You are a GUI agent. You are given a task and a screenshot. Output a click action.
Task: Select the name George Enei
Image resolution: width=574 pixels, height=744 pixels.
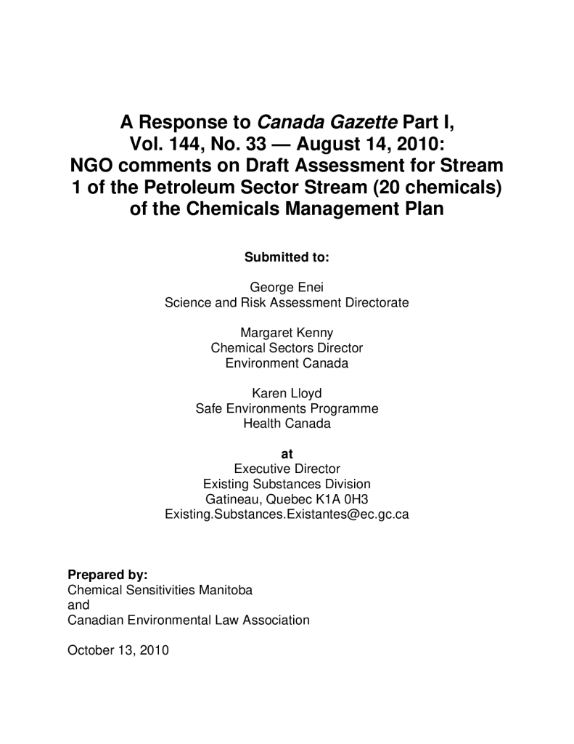[x=287, y=287]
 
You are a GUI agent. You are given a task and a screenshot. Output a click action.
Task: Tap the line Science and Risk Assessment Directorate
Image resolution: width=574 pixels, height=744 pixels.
[x=287, y=302]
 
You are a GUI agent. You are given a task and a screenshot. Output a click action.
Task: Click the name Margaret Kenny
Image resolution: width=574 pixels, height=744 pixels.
[x=287, y=333]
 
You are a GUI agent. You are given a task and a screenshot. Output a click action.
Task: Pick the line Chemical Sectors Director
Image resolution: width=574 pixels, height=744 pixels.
[x=287, y=348]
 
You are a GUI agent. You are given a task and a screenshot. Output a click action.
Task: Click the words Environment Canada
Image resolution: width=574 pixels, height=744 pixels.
[x=287, y=363]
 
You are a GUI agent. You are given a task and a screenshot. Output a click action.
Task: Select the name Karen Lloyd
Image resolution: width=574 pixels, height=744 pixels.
[x=287, y=394]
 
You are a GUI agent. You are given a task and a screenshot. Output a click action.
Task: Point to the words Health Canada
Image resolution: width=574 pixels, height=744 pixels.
[x=287, y=424]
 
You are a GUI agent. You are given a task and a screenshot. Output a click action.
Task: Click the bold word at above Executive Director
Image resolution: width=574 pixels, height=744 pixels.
[x=287, y=454]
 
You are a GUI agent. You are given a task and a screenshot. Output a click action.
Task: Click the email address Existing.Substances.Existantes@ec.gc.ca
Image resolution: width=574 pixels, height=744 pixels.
[x=287, y=514]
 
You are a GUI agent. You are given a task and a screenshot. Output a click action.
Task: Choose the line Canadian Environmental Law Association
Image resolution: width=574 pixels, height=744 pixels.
[x=188, y=620]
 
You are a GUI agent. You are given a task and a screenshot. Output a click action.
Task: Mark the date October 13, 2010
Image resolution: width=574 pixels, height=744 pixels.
[x=118, y=650]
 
